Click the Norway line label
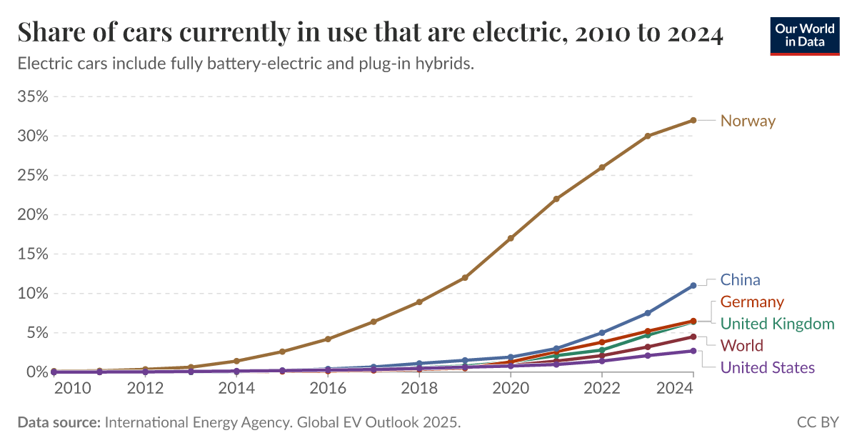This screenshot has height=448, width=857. click(748, 121)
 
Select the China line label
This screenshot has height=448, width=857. click(740, 279)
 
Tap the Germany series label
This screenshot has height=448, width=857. click(752, 302)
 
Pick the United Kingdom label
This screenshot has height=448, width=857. click(777, 324)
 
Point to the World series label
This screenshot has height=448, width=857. click(742, 346)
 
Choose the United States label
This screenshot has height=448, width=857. click(767, 368)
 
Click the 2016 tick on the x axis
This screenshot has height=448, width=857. click(328, 389)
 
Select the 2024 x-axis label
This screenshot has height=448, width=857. click(693, 389)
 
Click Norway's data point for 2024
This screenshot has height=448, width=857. click(693, 120)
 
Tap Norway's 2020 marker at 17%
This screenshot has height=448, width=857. click(511, 238)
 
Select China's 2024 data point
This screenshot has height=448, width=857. click(693, 285)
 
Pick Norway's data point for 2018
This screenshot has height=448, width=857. click(419, 302)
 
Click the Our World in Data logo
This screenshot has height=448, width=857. click(805, 35)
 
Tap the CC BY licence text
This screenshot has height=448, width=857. click(817, 422)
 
